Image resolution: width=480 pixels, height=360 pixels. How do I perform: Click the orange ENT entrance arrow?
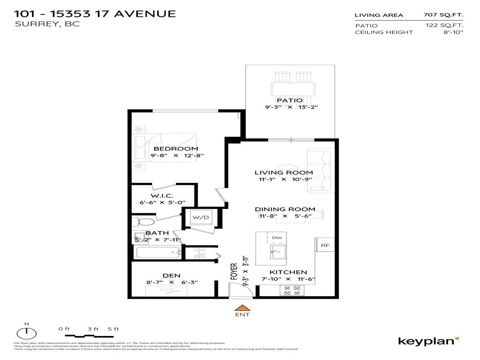[242, 307]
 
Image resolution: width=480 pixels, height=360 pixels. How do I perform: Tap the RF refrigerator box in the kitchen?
[323, 244]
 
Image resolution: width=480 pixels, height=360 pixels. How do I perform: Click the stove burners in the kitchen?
[292, 290]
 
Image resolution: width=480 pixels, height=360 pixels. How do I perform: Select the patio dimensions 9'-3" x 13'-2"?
[291, 107]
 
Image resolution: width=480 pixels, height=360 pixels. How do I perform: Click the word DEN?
[171, 276]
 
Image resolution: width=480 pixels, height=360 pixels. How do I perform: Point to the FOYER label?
[234, 271]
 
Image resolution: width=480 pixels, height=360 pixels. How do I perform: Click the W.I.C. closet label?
[162, 195]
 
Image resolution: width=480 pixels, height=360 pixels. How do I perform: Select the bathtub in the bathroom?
[158, 253]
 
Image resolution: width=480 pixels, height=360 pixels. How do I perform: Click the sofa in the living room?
[321, 171]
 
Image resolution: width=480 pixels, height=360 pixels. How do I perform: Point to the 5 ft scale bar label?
[113, 329]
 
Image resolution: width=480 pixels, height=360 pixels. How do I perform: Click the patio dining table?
[293, 88]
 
